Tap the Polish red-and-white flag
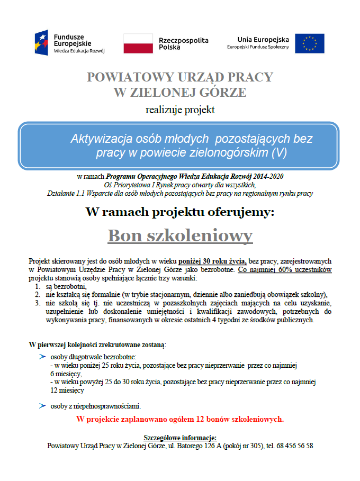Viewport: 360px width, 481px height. [138, 43]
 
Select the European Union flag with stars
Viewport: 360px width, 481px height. [310, 43]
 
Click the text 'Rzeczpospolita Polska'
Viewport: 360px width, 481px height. [183, 43]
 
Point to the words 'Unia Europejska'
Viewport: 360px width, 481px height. [263, 39]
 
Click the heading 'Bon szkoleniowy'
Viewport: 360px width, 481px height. [180, 235]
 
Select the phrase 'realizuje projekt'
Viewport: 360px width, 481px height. [180, 110]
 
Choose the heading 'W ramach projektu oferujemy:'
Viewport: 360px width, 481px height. [180, 212]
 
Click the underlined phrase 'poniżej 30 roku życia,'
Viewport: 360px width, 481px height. [212, 261]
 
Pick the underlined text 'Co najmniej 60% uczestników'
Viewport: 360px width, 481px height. [285, 269]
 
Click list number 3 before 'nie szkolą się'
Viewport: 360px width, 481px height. [38, 303]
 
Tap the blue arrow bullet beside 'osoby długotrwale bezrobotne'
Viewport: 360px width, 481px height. [42, 357]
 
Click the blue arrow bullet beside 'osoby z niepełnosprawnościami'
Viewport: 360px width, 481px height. [42, 406]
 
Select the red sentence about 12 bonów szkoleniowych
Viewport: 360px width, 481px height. [180, 420]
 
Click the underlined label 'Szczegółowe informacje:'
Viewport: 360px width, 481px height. [180, 438]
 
